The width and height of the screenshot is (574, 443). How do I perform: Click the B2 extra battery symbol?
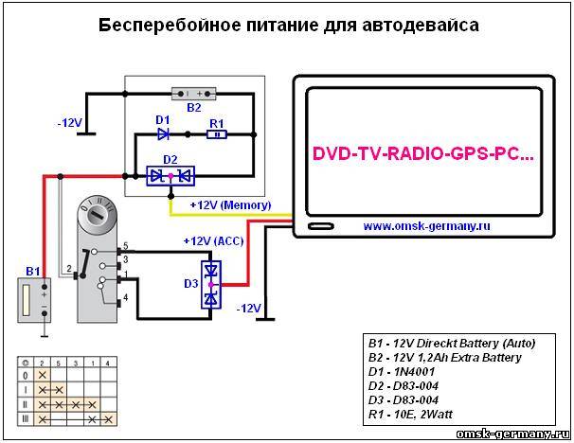pos(193,94)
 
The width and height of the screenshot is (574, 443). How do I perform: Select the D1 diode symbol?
pos(163,134)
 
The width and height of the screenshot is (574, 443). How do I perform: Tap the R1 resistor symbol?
pos(216,134)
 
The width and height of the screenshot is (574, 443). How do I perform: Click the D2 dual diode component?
pos(169,175)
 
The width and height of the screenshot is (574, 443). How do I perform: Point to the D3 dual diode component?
pos(212,285)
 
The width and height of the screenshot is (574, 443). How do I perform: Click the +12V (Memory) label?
pos(230,204)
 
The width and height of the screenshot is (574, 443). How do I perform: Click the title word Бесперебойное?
pos(162,26)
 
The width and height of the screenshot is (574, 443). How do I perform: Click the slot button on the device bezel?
pos(321,227)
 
